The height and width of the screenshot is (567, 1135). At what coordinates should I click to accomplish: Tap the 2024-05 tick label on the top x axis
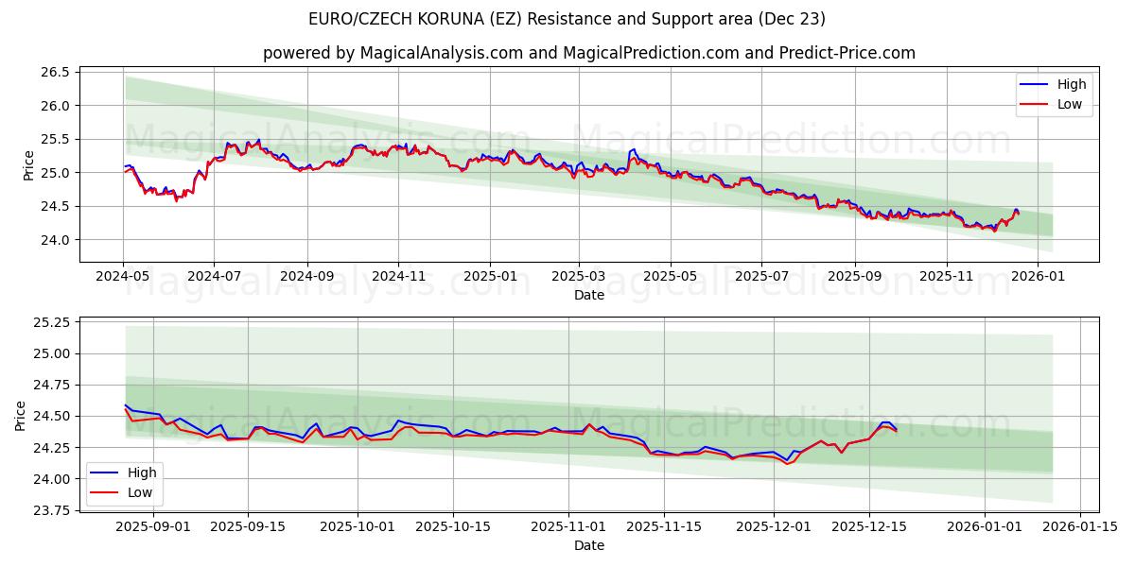coord(123,277)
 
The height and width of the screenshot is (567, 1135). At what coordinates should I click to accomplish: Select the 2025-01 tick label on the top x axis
coord(490,277)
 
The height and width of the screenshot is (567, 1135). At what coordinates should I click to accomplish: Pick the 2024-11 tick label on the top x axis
coord(397,277)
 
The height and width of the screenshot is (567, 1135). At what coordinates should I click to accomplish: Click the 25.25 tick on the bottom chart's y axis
coord(54,322)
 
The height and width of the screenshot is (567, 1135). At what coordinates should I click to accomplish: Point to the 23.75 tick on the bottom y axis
coord(54,510)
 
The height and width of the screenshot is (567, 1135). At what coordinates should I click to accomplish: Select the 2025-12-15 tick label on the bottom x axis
coord(869,526)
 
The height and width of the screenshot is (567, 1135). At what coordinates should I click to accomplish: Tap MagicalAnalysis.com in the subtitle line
coord(442,53)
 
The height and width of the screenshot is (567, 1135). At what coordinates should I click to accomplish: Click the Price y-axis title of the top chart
coord(28,164)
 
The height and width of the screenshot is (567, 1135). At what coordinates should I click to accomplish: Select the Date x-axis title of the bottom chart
coord(588,545)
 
